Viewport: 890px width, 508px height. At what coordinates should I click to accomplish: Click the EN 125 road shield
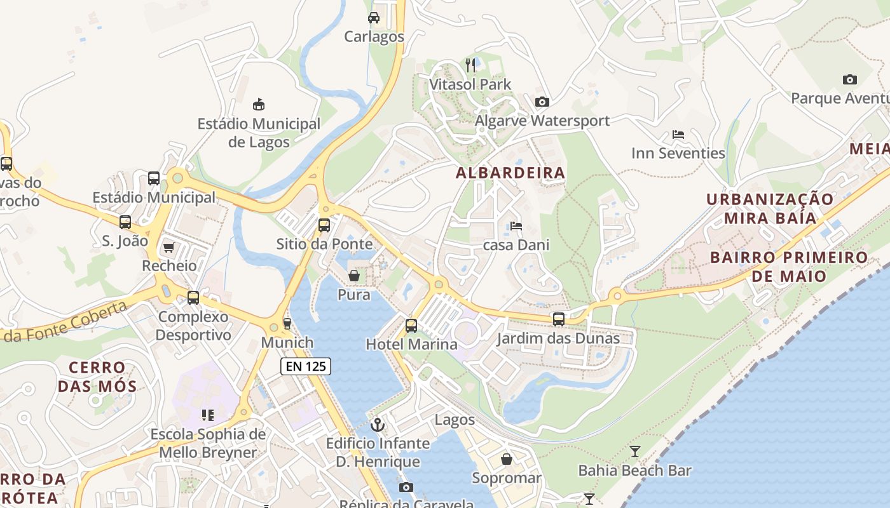[x=306, y=366]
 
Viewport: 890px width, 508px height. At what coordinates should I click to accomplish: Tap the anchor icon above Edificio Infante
[x=378, y=424]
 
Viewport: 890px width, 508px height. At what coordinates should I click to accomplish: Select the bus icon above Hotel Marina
[x=411, y=326]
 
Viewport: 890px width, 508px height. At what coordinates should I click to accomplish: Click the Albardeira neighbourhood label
[x=510, y=173]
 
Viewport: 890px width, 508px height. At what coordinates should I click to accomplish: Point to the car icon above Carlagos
[x=374, y=17]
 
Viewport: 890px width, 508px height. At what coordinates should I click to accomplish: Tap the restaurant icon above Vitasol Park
[x=470, y=64]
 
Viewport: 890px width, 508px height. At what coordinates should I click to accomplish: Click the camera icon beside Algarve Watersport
[x=542, y=102]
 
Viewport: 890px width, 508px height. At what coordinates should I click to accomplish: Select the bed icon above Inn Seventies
[x=678, y=135]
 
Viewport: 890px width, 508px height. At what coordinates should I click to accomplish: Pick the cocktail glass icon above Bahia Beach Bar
[x=634, y=451]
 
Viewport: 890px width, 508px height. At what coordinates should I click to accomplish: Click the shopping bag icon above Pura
[x=354, y=276]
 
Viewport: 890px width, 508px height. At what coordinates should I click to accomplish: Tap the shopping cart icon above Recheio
[x=168, y=247]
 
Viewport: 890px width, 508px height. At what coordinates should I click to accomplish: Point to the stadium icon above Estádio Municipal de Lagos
[x=259, y=104]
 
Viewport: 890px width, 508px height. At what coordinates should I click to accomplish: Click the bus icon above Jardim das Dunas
[x=558, y=319]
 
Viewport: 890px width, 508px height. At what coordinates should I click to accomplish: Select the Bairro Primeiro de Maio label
[x=788, y=267]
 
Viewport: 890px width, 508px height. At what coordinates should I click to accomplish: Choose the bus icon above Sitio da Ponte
[x=324, y=225]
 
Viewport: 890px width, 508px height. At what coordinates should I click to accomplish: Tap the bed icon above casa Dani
[x=516, y=226]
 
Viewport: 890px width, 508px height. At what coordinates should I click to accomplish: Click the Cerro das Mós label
[x=97, y=377]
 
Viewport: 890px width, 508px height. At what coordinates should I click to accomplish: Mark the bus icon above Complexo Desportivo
[x=193, y=297]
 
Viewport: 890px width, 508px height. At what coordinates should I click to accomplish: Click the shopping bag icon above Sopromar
[x=507, y=458]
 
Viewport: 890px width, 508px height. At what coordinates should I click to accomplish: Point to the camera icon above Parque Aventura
[x=850, y=79]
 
